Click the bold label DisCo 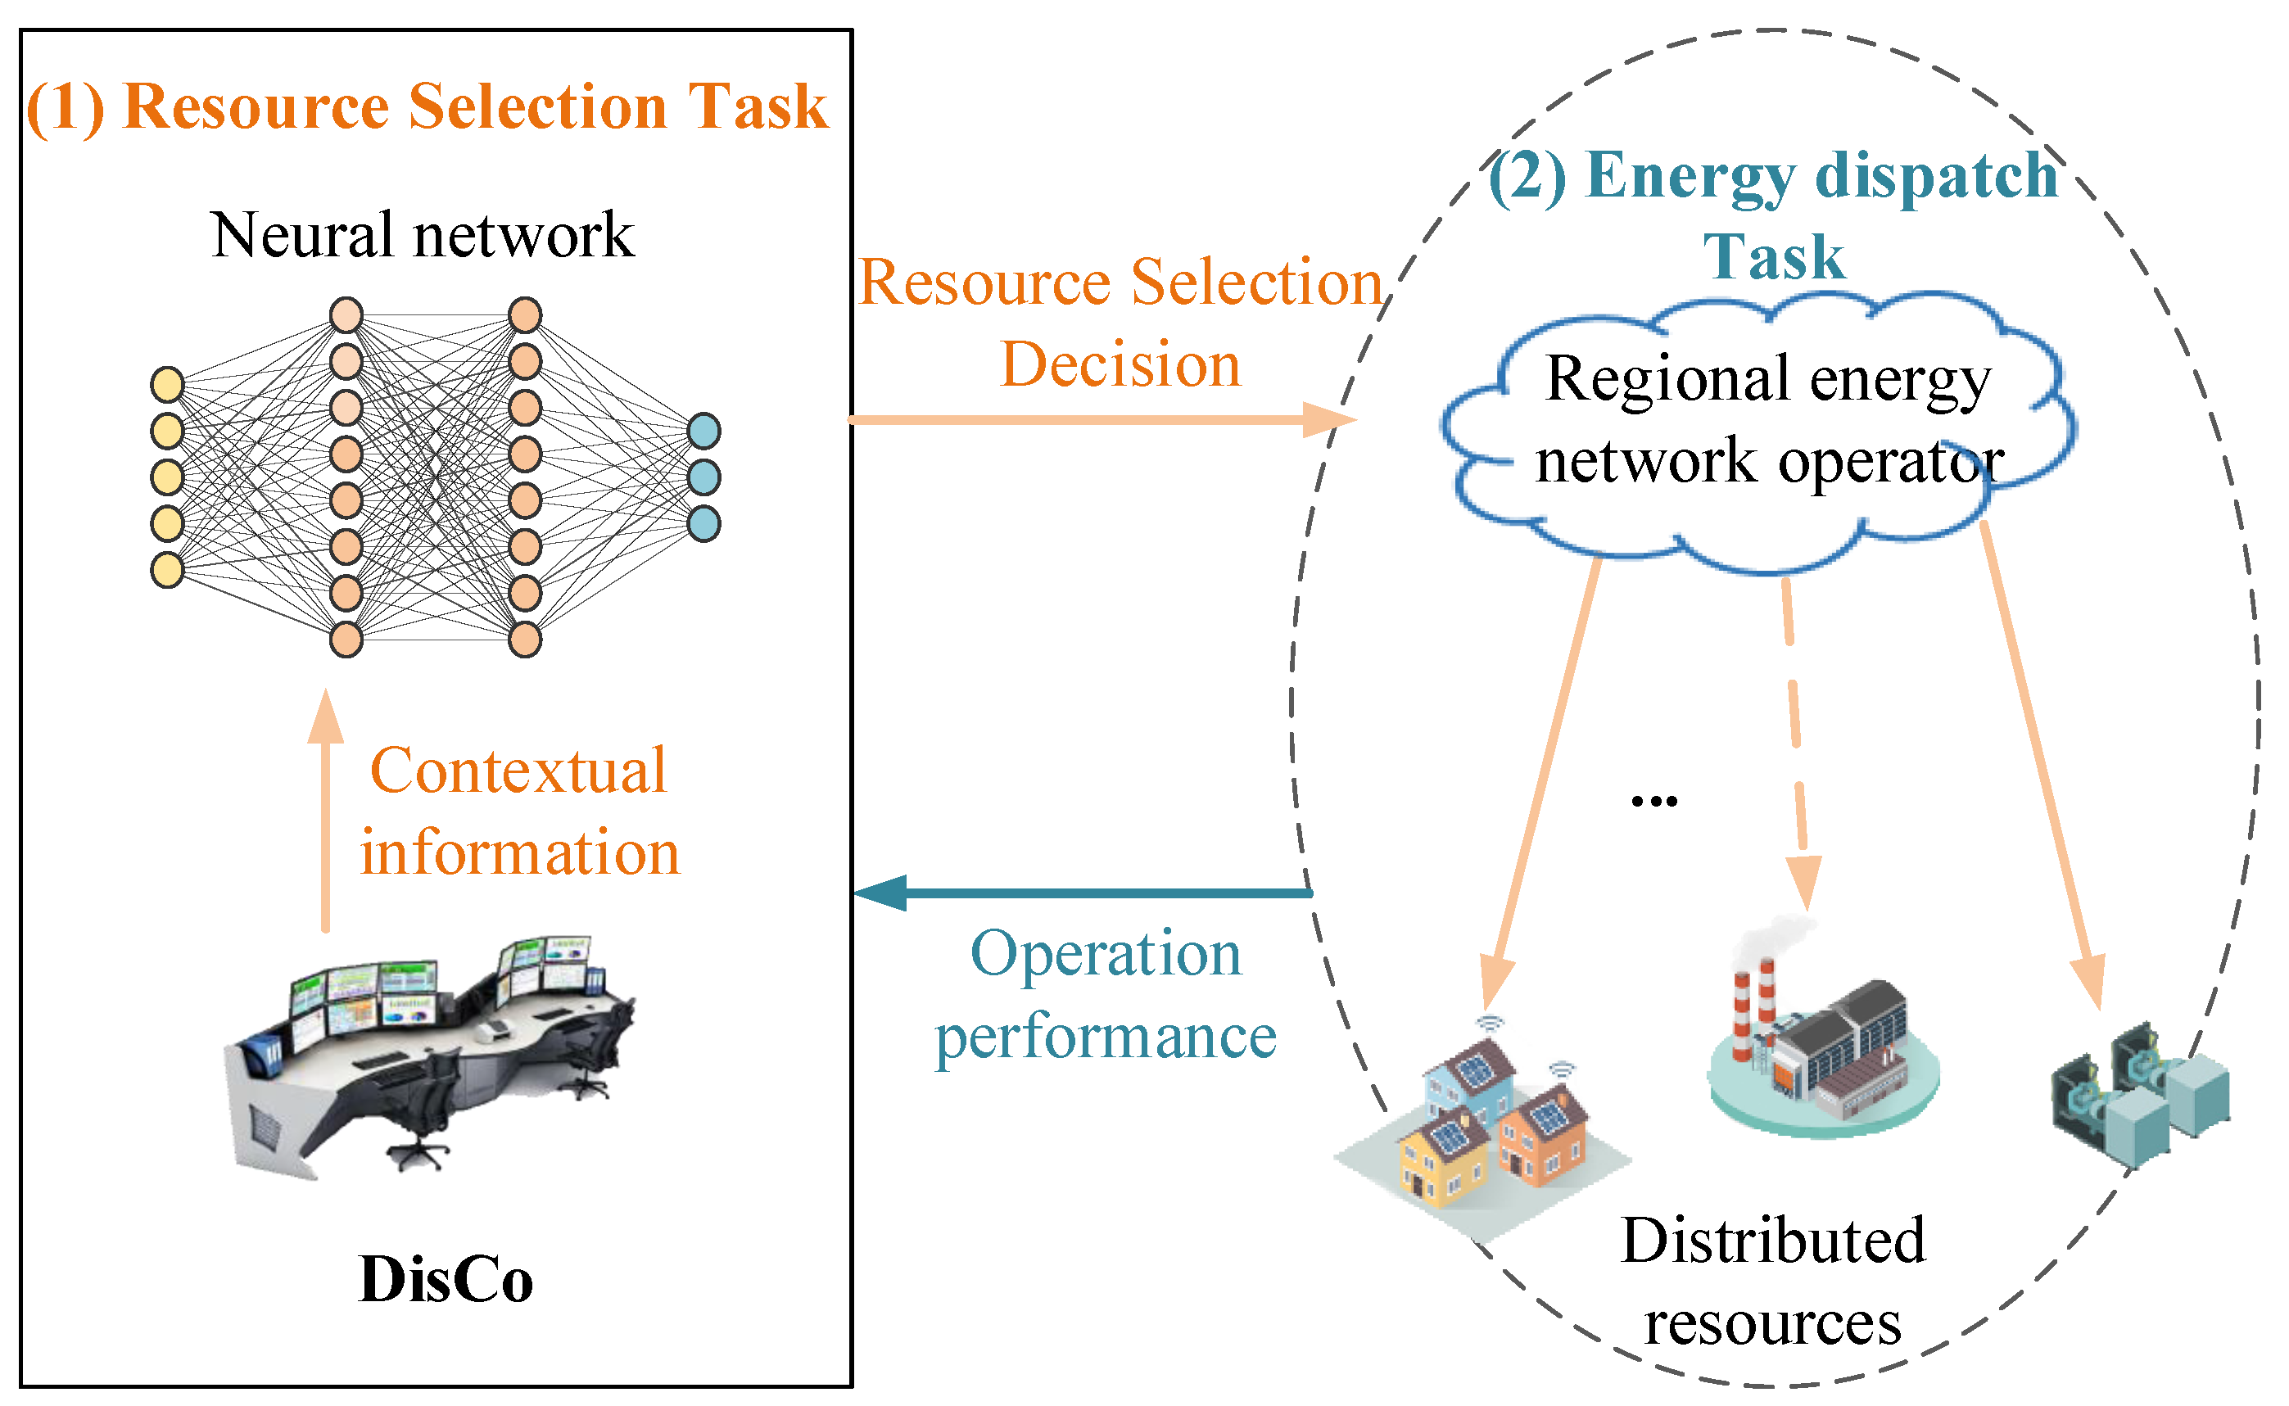click(x=446, y=1281)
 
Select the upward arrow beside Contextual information click(x=325, y=810)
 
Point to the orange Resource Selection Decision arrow click(x=1102, y=419)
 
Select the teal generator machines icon click(x=2140, y=1093)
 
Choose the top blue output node click(x=703, y=432)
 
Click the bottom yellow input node click(x=167, y=570)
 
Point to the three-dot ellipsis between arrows click(x=1654, y=801)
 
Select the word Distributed click(x=1773, y=1241)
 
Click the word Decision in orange click(x=1120, y=364)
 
